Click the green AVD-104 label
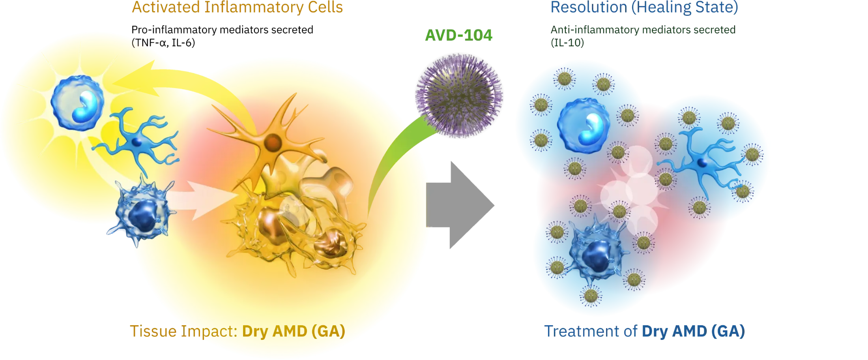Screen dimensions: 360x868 (x=459, y=36)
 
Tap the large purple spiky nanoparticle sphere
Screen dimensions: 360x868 (x=459, y=99)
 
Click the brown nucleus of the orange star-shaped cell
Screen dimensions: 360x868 (x=272, y=141)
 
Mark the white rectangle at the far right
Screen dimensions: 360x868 (x=789, y=140)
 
